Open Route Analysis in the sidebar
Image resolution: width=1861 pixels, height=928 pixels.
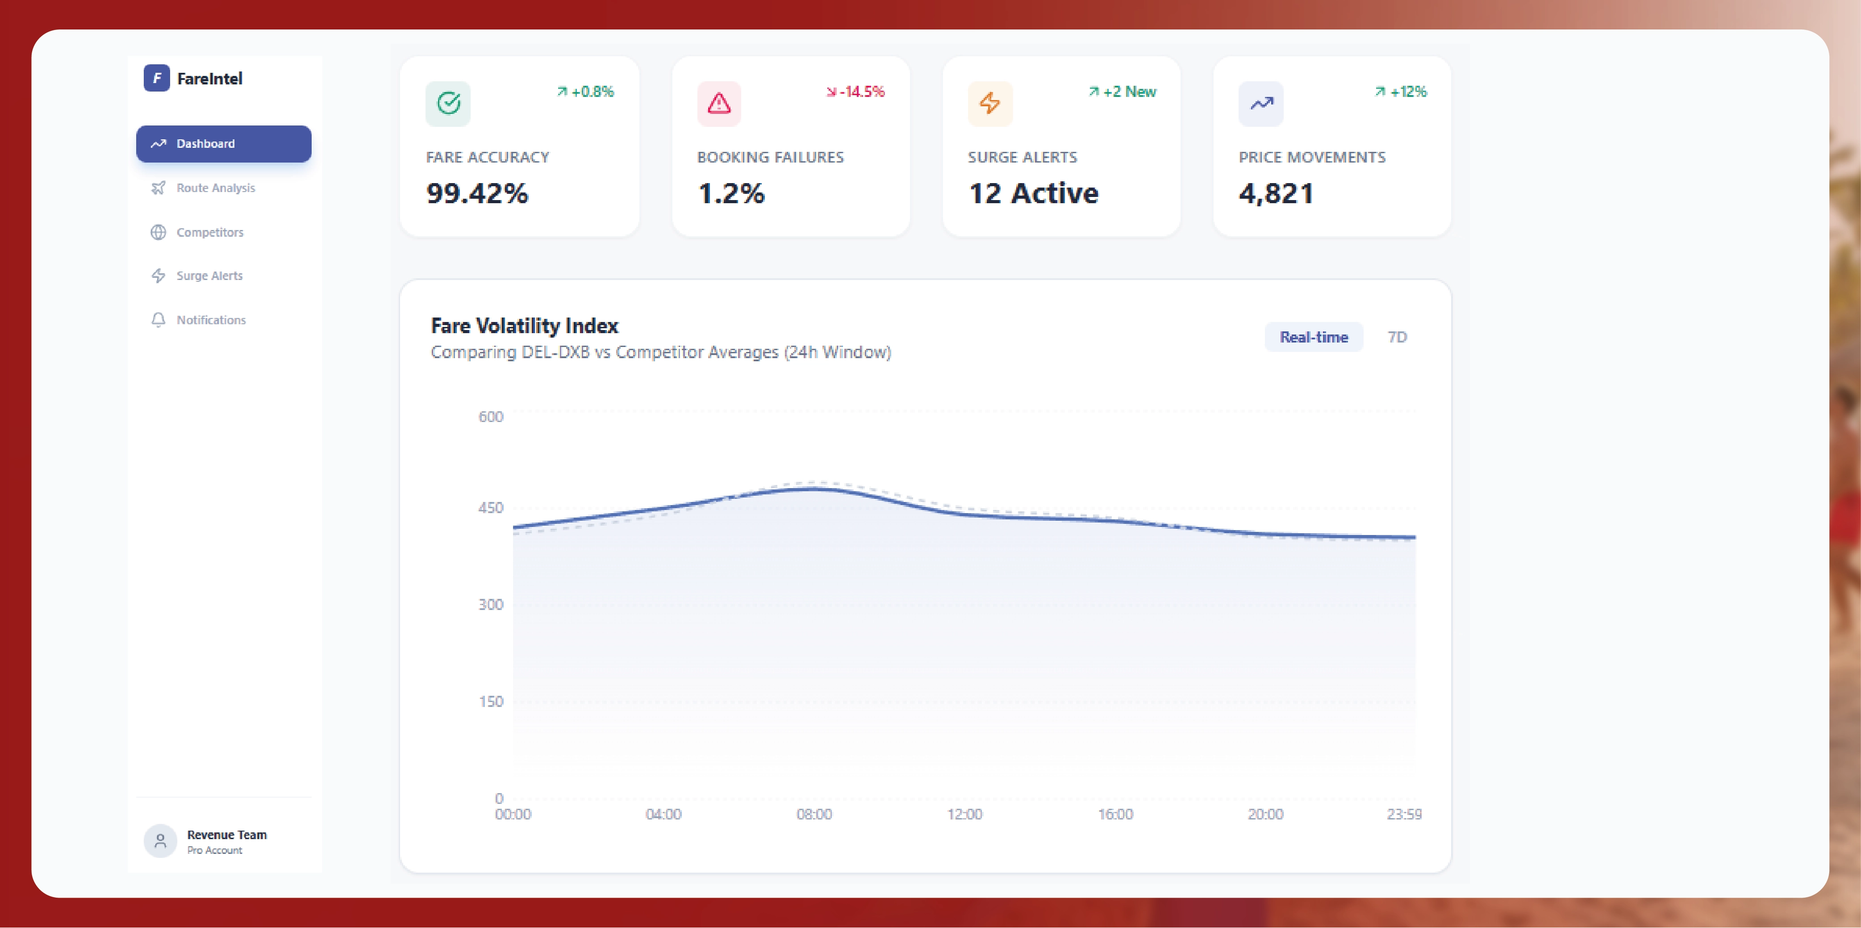click(x=215, y=188)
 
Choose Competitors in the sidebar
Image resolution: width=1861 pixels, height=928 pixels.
click(x=209, y=232)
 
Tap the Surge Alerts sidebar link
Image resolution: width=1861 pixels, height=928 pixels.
click(x=209, y=276)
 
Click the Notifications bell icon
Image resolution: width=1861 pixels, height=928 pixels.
click(x=158, y=319)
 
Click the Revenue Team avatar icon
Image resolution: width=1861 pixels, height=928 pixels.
click(x=160, y=840)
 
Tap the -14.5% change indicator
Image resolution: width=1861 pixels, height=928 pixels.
click(x=856, y=92)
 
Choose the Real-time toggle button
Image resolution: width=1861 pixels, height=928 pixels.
click(x=1314, y=337)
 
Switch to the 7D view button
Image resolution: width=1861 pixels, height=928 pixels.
click(x=1397, y=337)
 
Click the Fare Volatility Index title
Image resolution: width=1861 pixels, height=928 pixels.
click(x=525, y=326)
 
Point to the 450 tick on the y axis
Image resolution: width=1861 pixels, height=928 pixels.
click(x=491, y=507)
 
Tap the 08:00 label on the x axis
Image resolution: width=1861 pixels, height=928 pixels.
click(x=814, y=814)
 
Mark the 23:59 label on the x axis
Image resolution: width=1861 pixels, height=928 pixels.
click(x=1404, y=814)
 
